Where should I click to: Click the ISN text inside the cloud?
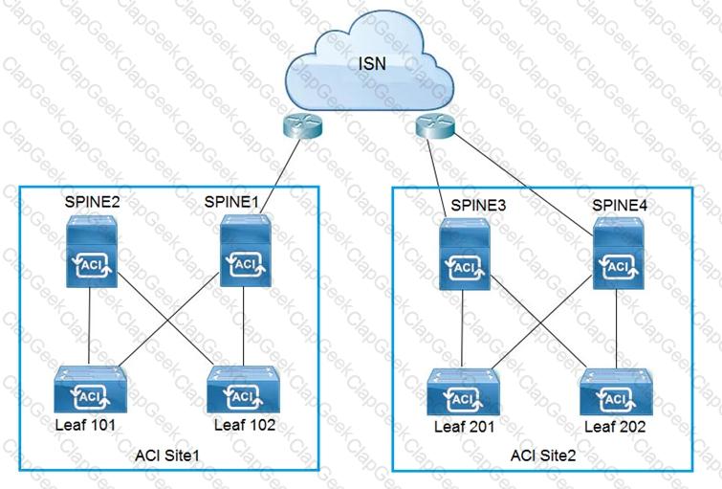point(372,63)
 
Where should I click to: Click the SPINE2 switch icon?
point(92,251)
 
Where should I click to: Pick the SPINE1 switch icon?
point(246,251)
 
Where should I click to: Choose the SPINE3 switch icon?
point(465,254)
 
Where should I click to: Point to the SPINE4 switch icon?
point(619,253)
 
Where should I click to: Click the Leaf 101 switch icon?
point(90,389)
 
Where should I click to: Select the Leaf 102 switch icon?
point(243,389)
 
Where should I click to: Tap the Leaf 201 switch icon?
point(463,391)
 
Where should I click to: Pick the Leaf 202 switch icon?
point(616,391)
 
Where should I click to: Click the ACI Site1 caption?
point(167,456)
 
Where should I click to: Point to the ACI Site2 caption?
point(543,456)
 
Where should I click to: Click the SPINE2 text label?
point(92,202)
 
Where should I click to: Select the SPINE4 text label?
point(620,205)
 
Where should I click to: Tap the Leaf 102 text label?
point(245,425)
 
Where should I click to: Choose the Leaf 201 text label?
point(464,427)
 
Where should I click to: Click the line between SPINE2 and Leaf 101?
point(89,327)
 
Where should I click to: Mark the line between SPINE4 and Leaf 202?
point(616,329)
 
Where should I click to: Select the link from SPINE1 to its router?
point(280,175)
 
